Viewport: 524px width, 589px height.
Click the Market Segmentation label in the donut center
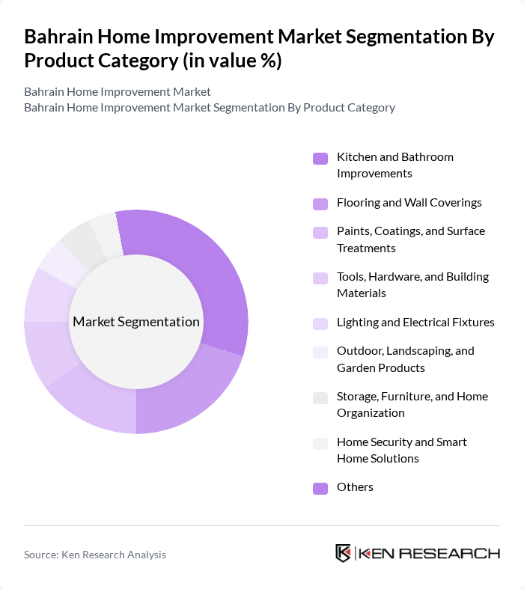pyautogui.click(x=136, y=322)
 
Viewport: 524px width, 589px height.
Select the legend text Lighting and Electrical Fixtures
pyautogui.click(x=415, y=323)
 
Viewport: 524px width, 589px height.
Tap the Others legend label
pyautogui.click(x=355, y=487)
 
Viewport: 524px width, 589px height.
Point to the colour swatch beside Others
pyautogui.click(x=320, y=489)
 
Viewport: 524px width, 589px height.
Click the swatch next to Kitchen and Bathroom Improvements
pyautogui.click(x=320, y=159)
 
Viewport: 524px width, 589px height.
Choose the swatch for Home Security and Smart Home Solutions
pyautogui.click(x=320, y=444)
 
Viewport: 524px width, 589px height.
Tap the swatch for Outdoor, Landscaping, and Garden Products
pyautogui.click(x=320, y=353)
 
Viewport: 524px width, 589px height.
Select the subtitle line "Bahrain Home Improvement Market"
pyautogui.click(x=118, y=92)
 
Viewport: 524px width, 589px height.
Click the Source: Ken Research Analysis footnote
pyautogui.click(x=95, y=555)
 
